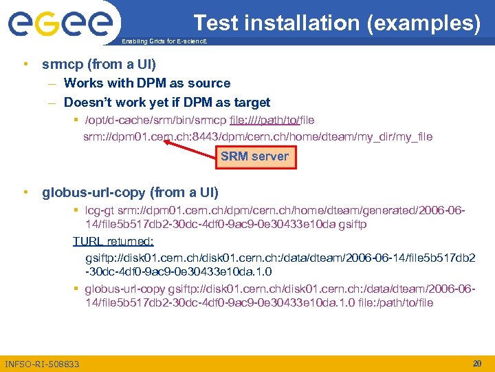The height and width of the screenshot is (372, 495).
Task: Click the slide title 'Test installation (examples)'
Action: tap(337, 23)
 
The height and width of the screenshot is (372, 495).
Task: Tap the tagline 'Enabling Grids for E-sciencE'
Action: tap(163, 42)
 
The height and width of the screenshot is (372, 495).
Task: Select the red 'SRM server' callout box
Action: tap(254, 156)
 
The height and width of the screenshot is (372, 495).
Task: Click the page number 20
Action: tap(477, 363)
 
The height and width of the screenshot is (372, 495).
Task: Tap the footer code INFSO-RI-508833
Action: tap(42, 364)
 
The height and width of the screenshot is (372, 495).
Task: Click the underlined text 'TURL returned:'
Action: tap(113, 242)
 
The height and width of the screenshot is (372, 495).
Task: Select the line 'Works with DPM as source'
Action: tap(147, 83)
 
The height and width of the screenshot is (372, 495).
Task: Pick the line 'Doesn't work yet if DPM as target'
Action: tap(167, 103)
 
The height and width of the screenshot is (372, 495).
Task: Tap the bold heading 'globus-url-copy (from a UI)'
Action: tap(131, 192)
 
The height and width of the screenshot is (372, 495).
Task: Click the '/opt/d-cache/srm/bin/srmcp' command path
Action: tap(159, 121)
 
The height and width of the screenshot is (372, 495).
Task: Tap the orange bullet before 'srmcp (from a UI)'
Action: tap(25, 65)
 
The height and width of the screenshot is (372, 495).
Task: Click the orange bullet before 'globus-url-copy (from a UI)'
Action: tap(25, 192)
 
